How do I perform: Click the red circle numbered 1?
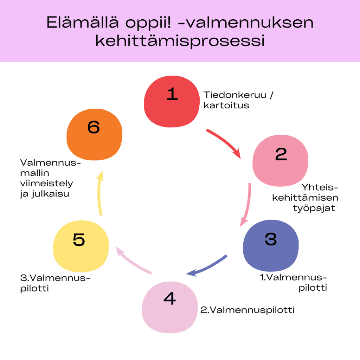[x=172, y=102]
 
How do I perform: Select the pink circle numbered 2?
[x=280, y=160]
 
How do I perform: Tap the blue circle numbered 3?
[x=271, y=246]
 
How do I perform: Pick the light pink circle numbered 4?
[x=170, y=307]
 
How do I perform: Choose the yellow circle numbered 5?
[x=81, y=246]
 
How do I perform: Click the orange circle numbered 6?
[x=94, y=135]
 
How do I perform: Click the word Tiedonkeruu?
[x=235, y=95]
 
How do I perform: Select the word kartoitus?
[x=226, y=105]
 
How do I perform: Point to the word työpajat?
[x=314, y=208]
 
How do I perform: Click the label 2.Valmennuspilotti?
[x=247, y=310]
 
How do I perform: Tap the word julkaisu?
[x=50, y=194]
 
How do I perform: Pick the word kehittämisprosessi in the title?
[x=180, y=41]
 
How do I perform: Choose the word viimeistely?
[x=47, y=184]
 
